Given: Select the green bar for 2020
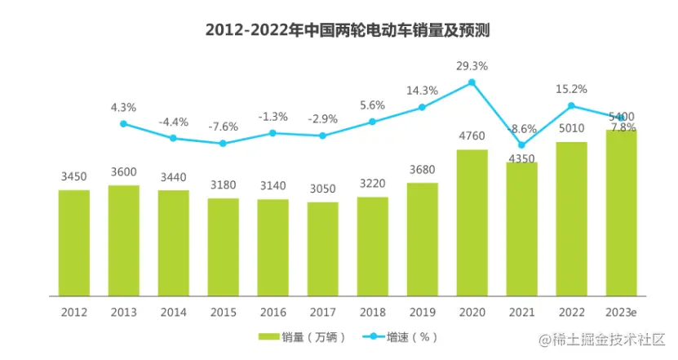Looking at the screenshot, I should [472, 222].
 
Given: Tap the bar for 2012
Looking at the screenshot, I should [74, 242].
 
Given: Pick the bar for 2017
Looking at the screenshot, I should [323, 248].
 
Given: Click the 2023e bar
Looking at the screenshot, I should [622, 212].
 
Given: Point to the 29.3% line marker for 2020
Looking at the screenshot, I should [472, 82].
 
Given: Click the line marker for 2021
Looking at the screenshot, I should [522, 145].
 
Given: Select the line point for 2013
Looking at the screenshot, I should [124, 124].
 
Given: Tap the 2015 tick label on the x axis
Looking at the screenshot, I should [223, 312].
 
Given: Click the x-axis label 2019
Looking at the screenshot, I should [422, 312].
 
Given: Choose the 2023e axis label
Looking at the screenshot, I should [622, 312].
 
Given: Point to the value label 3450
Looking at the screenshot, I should [74, 177].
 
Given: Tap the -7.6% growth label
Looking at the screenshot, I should [223, 127].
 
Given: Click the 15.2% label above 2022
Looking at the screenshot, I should [572, 89].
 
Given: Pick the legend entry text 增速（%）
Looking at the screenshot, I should [413, 337].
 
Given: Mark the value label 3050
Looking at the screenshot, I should [323, 189].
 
